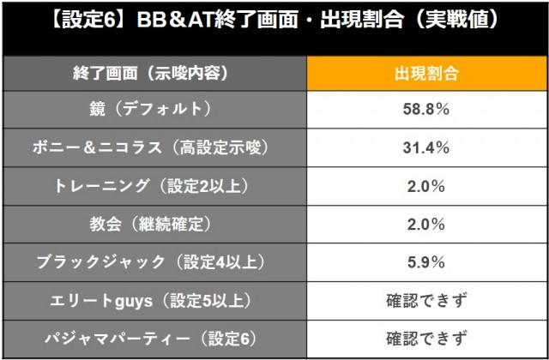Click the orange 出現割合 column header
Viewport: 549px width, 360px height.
pos(425,73)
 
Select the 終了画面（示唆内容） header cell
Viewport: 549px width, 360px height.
pos(157,73)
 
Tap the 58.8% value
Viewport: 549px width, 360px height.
pos(425,110)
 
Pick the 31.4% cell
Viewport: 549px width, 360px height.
pos(425,147)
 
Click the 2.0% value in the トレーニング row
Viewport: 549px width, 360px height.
pos(425,186)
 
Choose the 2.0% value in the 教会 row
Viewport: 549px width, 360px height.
pos(425,224)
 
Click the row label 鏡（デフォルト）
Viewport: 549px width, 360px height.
pos(157,110)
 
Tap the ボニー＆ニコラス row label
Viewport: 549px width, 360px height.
pos(157,147)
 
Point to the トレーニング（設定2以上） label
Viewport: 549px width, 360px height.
pos(157,186)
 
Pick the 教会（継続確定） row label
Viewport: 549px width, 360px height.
pos(157,224)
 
